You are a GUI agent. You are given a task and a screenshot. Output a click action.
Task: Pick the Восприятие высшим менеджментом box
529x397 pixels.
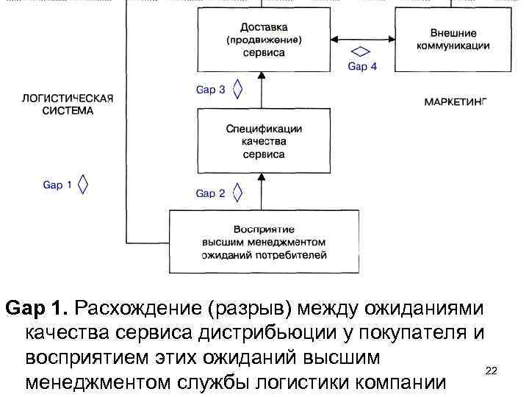[x=264, y=242]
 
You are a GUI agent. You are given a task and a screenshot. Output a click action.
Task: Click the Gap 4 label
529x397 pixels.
[x=362, y=66]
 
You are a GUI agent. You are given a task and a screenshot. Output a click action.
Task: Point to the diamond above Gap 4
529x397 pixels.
[x=361, y=51]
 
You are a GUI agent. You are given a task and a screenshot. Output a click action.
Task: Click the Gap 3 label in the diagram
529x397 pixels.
[x=210, y=90]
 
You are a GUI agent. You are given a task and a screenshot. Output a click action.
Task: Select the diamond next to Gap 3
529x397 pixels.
[x=237, y=89]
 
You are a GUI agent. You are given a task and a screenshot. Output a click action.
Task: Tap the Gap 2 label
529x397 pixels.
[x=210, y=193]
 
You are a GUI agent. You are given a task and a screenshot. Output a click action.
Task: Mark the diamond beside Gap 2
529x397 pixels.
[x=237, y=193]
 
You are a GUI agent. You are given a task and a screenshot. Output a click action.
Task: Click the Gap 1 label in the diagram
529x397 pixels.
[x=57, y=185]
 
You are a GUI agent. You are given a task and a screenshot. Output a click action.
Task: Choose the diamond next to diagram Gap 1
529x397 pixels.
[x=84, y=185]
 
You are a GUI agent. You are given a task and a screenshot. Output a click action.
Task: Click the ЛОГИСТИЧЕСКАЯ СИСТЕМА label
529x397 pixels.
[x=68, y=104]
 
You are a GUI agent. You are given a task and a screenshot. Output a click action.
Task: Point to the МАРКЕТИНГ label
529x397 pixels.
[x=456, y=101]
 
